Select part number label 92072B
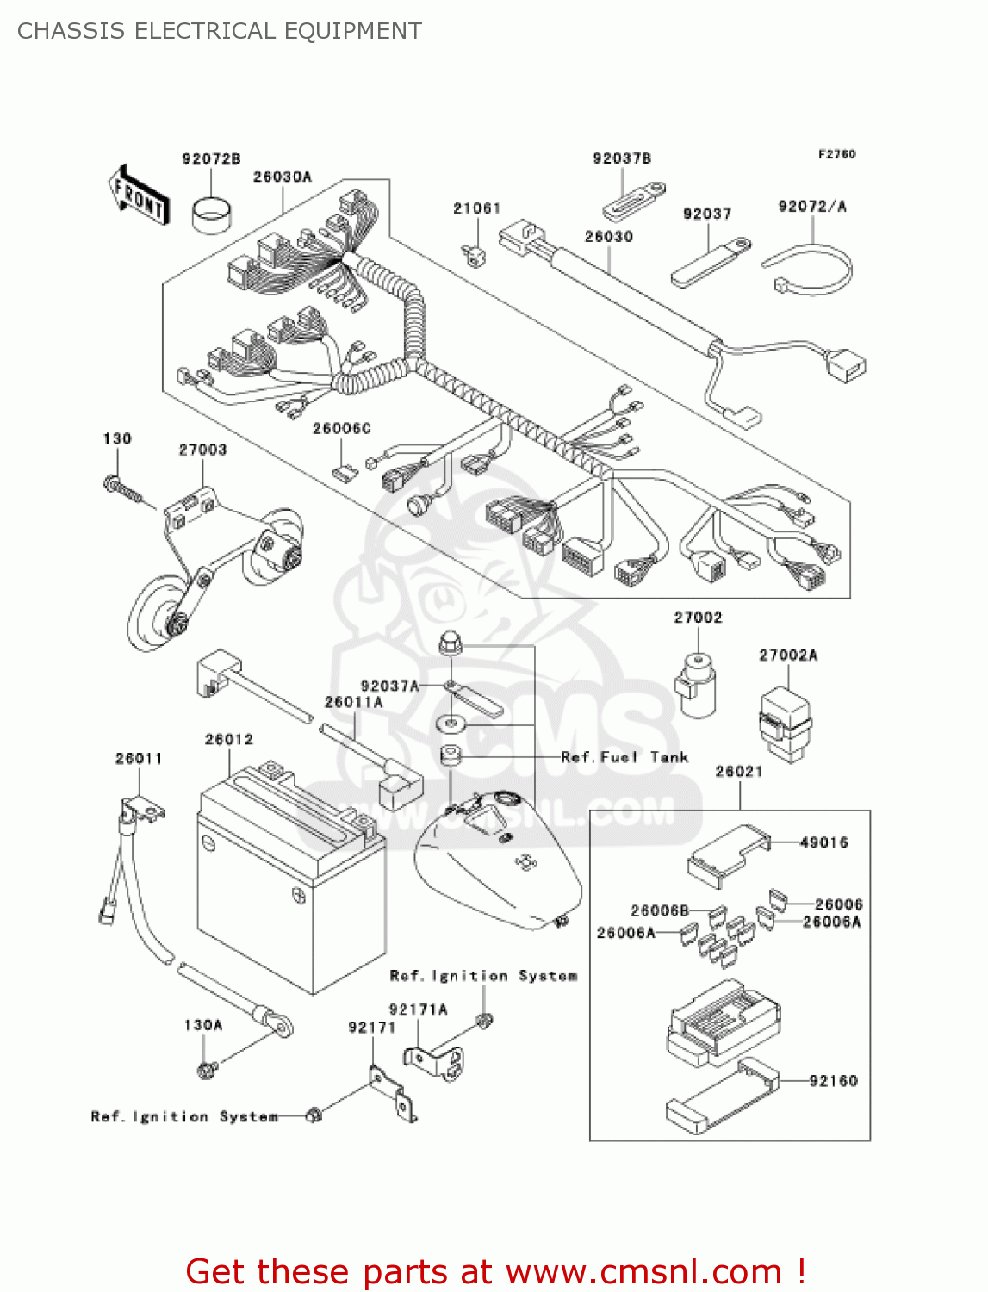tap(211, 158)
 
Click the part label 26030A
tap(283, 177)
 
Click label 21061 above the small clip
tap(476, 208)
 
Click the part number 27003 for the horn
tap(202, 450)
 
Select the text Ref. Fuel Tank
tap(624, 757)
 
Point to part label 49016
tap(823, 842)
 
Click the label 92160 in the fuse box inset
tap(833, 1080)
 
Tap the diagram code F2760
tap(836, 154)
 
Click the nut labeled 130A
tap(207, 1070)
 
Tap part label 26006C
tap(341, 428)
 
